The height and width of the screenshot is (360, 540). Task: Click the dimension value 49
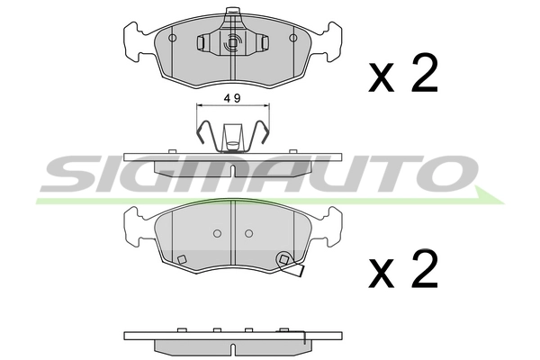[232, 98]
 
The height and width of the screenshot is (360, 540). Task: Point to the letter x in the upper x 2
[381, 78]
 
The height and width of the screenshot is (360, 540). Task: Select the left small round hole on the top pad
[173, 38]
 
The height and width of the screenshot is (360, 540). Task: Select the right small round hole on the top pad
[293, 38]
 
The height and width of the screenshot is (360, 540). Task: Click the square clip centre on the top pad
[233, 42]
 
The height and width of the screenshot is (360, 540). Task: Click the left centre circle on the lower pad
[217, 234]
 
